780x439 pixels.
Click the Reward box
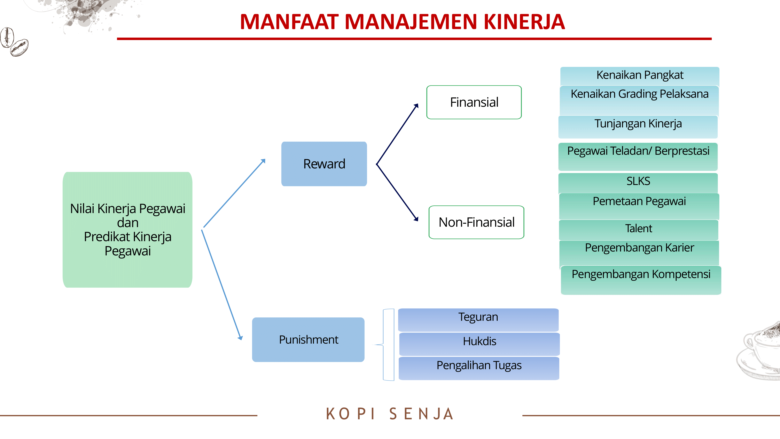click(x=324, y=164)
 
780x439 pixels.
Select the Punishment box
click(x=308, y=340)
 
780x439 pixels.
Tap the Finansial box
click(x=474, y=102)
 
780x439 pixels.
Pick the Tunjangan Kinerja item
click(x=638, y=127)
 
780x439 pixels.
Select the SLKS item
click(x=638, y=183)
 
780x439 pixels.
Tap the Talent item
click(x=639, y=230)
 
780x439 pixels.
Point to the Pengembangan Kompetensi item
click(x=641, y=280)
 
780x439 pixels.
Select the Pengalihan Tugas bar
click(x=479, y=368)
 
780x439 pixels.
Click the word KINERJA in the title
click(x=524, y=22)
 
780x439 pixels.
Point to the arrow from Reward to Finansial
click(x=397, y=134)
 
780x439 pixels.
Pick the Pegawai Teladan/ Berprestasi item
click(x=638, y=157)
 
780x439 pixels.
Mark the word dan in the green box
click(x=128, y=223)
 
